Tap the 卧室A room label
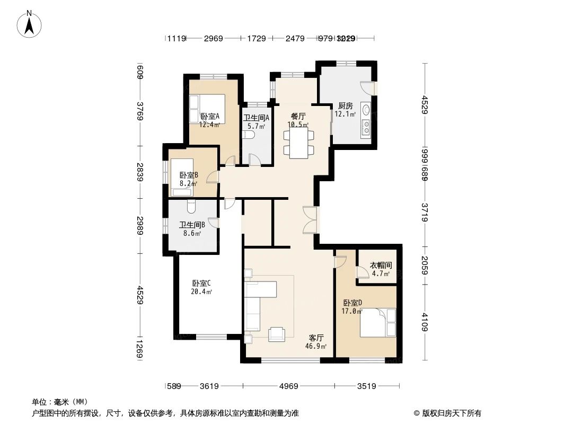(210, 117)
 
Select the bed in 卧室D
(377, 322)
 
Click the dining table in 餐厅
(298, 142)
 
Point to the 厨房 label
(345, 106)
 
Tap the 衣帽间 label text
(381, 266)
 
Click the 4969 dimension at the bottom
(289, 386)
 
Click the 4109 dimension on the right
(425, 321)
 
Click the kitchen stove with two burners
(366, 128)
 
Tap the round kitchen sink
(365, 110)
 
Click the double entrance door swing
(310, 219)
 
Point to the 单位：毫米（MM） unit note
(60, 402)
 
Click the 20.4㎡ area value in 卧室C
(202, 291)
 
